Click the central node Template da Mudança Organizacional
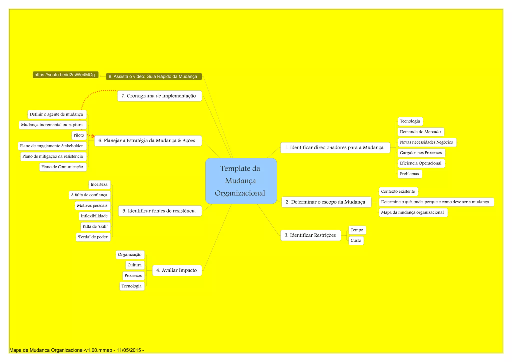[241, 181]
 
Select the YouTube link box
[65, 75]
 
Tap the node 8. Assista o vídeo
[153, 76]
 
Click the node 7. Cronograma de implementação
[159, 96]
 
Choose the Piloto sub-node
[79, 135]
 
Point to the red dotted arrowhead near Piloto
[93, 136]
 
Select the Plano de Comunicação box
[63, 167]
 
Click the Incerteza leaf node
[99, 184]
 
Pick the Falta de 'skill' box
[95, 226]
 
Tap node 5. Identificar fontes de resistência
[160, 211]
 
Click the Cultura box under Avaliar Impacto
[135, 265]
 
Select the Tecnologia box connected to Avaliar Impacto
[132, 286]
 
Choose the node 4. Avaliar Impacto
[177, 270]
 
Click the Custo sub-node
[356, 240]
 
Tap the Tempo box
[357, 230]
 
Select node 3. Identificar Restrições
[310, 235]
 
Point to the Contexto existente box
[398, 191]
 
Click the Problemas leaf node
[409, 174]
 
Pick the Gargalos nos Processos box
[421, 153]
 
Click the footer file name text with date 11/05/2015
[76, 350]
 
